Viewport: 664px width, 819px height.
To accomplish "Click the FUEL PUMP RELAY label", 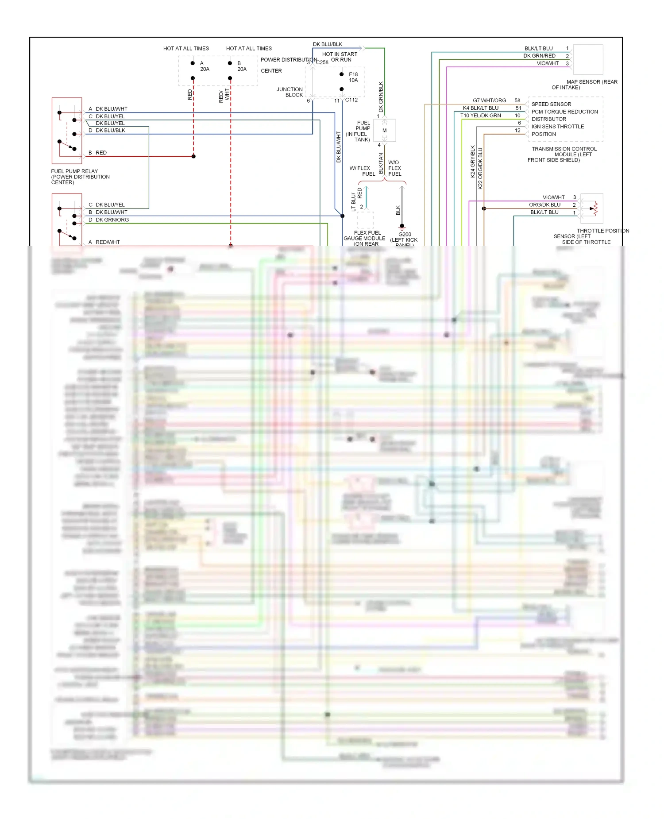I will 74,171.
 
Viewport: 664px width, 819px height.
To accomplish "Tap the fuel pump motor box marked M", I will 385,131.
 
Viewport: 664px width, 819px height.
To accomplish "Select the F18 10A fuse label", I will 353,77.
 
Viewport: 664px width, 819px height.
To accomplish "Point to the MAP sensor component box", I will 588,59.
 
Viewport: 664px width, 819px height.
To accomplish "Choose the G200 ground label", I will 405,235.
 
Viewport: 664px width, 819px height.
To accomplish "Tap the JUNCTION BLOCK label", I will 290,92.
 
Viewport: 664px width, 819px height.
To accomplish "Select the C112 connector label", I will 351,100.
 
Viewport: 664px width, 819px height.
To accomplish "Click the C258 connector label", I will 322,62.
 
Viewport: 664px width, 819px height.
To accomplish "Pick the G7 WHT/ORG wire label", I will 489,100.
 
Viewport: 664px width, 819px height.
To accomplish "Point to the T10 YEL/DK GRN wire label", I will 481,116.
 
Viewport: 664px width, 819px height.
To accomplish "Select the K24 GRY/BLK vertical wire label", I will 473,162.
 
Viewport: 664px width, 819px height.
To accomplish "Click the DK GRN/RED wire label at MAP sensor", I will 539,56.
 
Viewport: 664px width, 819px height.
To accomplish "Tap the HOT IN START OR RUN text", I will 340,57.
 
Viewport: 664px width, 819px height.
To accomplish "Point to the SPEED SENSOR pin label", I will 551,104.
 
